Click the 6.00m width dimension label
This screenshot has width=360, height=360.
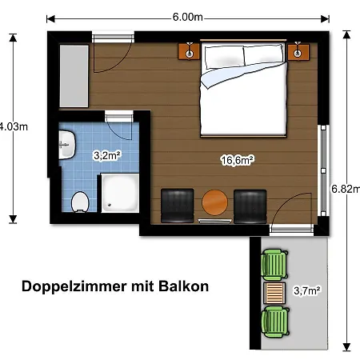click(x=188, y=17)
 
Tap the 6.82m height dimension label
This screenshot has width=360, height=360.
click(x=346, y=189)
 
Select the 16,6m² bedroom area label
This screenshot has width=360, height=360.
click(x=238, y=160)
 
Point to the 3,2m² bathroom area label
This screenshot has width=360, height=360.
click(x=107, y=155)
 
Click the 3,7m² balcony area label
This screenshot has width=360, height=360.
click(x=307, y=290)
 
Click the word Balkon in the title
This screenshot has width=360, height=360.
click(x=183, y=286)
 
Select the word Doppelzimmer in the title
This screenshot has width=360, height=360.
click(x=74, y=287)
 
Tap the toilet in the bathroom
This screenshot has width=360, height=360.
click(x=80, y=202)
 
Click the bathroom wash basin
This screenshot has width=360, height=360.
click(x=67, y=145)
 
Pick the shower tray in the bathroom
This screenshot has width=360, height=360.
click(x=120, y=193)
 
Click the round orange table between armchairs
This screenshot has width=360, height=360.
click(x=214, y=202)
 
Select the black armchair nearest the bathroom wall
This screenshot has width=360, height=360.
click(x=178, y=206)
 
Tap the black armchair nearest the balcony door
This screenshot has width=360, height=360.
click(x=250, y=206)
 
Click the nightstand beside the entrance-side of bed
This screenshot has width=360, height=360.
click(x=189, y=51)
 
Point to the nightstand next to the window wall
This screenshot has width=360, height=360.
click(x=298, y=51)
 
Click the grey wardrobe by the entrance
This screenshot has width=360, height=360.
click(x=74, y=76)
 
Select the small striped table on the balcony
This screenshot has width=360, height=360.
click(x=274, y=293)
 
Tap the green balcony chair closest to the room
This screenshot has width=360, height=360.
click(x=274, y=264)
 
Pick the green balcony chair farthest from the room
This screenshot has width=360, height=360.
click(x=275, y=322)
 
